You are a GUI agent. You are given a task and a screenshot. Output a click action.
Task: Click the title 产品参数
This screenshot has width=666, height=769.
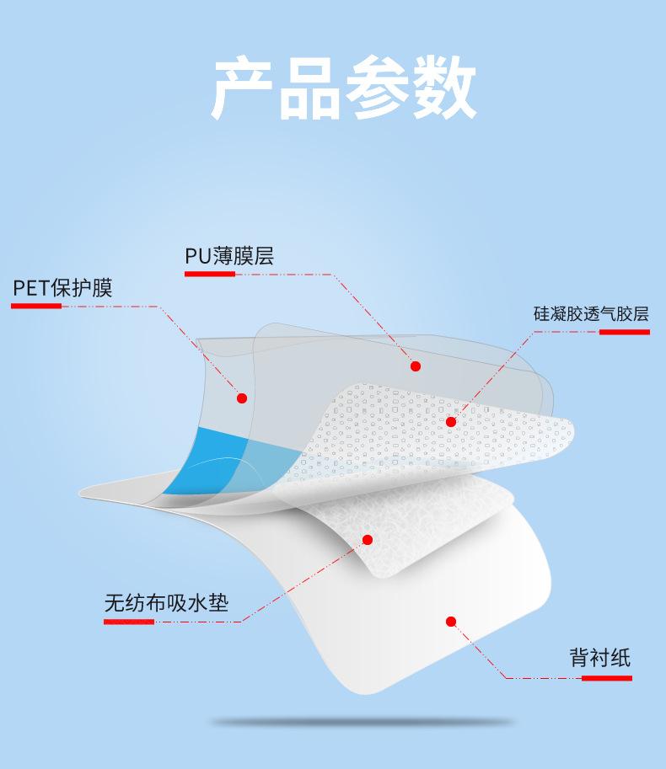pyautogui.click(x=344, y=88)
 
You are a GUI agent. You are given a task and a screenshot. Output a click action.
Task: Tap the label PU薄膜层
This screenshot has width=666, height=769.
pyautogui.click(x=229, y=255)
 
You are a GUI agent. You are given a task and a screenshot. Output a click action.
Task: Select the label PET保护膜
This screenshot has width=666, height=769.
pyautogui.click(x=62, y=288)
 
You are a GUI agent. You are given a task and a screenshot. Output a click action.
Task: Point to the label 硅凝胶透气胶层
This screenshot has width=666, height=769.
pyautogui.click(x=591, y=314)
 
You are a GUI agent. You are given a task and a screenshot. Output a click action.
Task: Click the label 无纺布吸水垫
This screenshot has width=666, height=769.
pyautogui.click(x=166, y=603)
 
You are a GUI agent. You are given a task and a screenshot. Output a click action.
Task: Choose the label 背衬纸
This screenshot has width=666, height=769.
pyautogui.click(x=599, y=657)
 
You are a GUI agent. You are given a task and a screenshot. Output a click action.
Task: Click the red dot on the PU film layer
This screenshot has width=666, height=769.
pyautogui.click(x=416, y=366)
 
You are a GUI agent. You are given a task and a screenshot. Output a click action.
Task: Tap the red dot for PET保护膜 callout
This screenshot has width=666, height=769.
pyautogui.click(x=241, y=398)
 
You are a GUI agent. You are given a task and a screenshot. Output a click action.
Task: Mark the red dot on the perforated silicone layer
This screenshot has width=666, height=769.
pyautogui.click(x=451, y=422)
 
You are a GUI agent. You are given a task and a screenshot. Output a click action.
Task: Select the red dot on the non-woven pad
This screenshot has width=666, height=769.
pyautogui.click(x=367, y=540)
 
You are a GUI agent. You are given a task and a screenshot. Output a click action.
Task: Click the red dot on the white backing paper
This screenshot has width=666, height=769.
pyautogui.click(x=451, y=622)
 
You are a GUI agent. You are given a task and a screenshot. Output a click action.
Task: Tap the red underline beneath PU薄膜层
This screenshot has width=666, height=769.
pyautogui.click(x=210, y=274)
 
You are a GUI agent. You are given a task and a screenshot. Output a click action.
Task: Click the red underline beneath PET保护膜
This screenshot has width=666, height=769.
pyautogui.click(x=36, y=306)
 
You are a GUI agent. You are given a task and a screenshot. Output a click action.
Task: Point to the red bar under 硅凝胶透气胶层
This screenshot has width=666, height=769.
pyautogui.click(x=625, y=332)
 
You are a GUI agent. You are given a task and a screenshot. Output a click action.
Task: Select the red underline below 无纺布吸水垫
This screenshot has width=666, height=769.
pyautogui.click(x=129, y=622)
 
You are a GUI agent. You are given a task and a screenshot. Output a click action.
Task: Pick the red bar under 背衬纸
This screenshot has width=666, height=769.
pyautogui.click(x=607, y=678)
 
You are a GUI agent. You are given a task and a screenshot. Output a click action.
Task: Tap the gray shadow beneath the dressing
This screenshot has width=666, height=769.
pyautogui.click(x=363, y=723)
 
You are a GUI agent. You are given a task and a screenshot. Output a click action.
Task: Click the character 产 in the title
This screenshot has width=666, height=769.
pyautogui.click(x=243, y=88)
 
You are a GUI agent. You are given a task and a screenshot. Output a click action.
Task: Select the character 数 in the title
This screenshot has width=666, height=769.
pyautogui.click(x=445, y=88)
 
